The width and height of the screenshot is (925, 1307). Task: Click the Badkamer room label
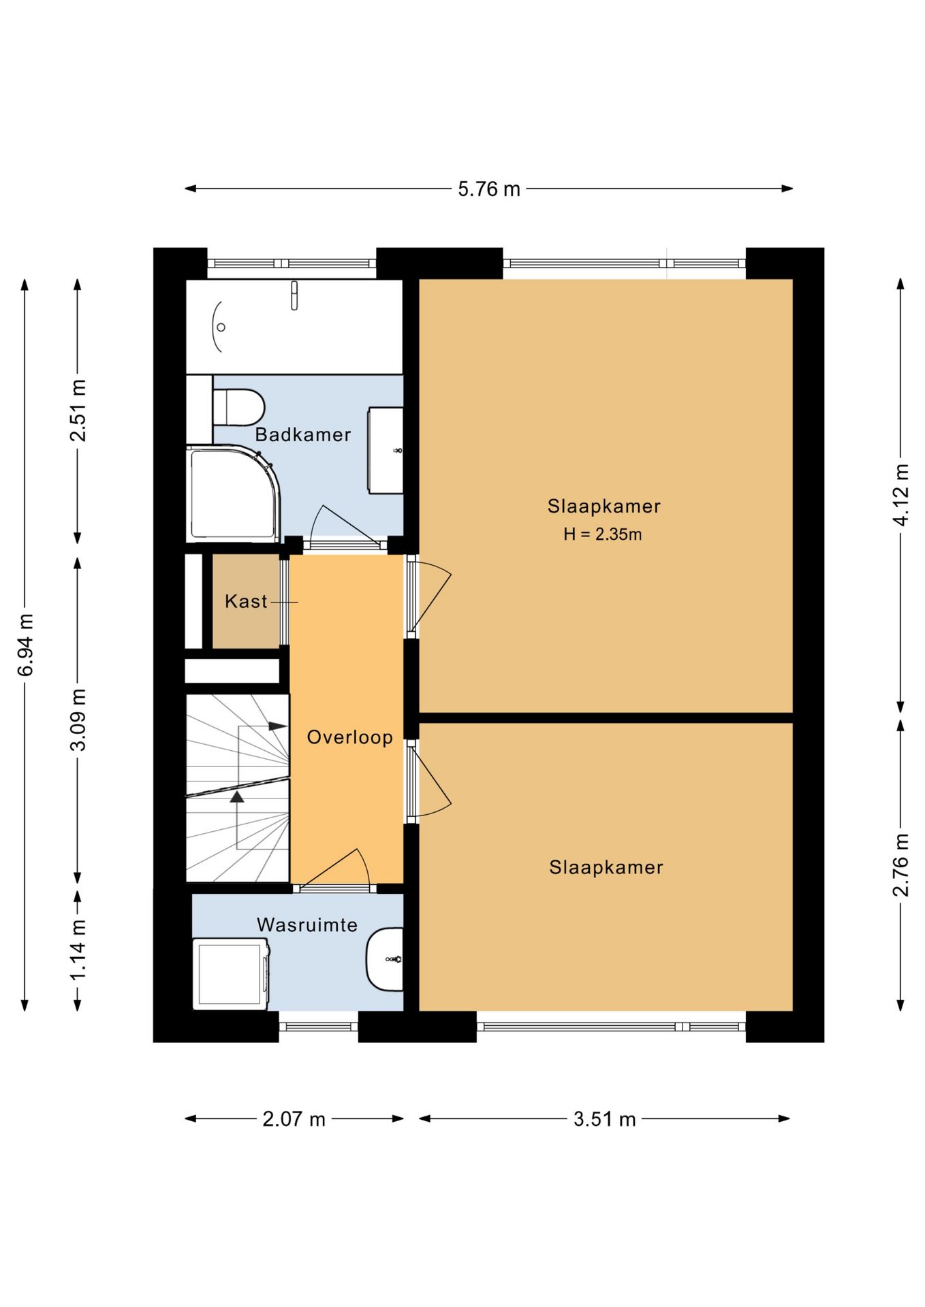coord(303,434)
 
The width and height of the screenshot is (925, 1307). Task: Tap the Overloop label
coord(349,737)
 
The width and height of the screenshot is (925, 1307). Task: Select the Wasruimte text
coord(307,924)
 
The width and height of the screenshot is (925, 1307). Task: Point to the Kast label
coord(246,601)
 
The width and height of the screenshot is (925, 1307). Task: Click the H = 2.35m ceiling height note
coord(602,534)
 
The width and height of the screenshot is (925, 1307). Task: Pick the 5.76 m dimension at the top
coord(489,189)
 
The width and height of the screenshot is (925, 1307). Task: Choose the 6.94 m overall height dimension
coord(25,645)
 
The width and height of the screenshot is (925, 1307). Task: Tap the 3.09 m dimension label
coord(78,719)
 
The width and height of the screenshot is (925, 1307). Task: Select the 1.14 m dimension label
coord(78,950)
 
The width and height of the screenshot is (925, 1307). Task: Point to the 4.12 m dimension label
coord(901,494)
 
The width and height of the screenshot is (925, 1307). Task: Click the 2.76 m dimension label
coord(901,865)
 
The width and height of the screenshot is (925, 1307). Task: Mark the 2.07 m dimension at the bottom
coord(294,1119)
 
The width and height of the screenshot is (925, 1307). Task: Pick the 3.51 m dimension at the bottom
coord(604,1119)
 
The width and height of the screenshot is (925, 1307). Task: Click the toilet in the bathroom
coord(238,407)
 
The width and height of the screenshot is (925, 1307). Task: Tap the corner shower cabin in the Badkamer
coord(233,494)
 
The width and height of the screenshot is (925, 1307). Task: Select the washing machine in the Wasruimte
coord(231,973)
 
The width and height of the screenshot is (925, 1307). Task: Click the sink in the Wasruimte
coord(385,959)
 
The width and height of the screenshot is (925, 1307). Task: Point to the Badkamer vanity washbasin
coord(386,450)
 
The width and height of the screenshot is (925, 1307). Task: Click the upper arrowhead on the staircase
coord(277,726)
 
